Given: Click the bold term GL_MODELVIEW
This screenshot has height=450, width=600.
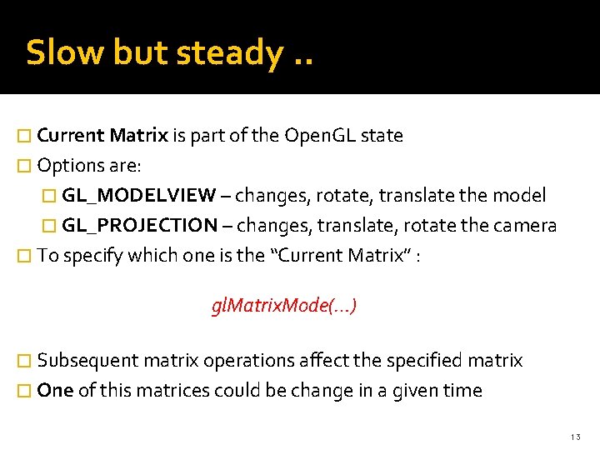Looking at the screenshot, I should click(138, 196).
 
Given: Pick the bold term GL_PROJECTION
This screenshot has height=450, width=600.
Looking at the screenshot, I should click(139, 225).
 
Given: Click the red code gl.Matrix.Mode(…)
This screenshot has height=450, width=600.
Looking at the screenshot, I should click(285, 306).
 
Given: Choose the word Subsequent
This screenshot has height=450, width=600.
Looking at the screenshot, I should click(87, 361).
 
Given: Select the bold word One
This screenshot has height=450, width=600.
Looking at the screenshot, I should click(55, 391).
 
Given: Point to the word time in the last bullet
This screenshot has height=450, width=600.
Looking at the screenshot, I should click(463, 391).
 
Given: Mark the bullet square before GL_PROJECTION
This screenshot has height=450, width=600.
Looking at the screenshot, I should click(51, 226).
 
